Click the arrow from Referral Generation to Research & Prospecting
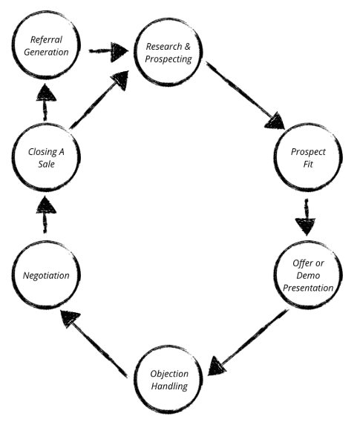[x=108, y=52]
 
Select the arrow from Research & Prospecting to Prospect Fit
[x=245, y=96]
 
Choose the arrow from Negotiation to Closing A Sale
[x=45, y=215]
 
